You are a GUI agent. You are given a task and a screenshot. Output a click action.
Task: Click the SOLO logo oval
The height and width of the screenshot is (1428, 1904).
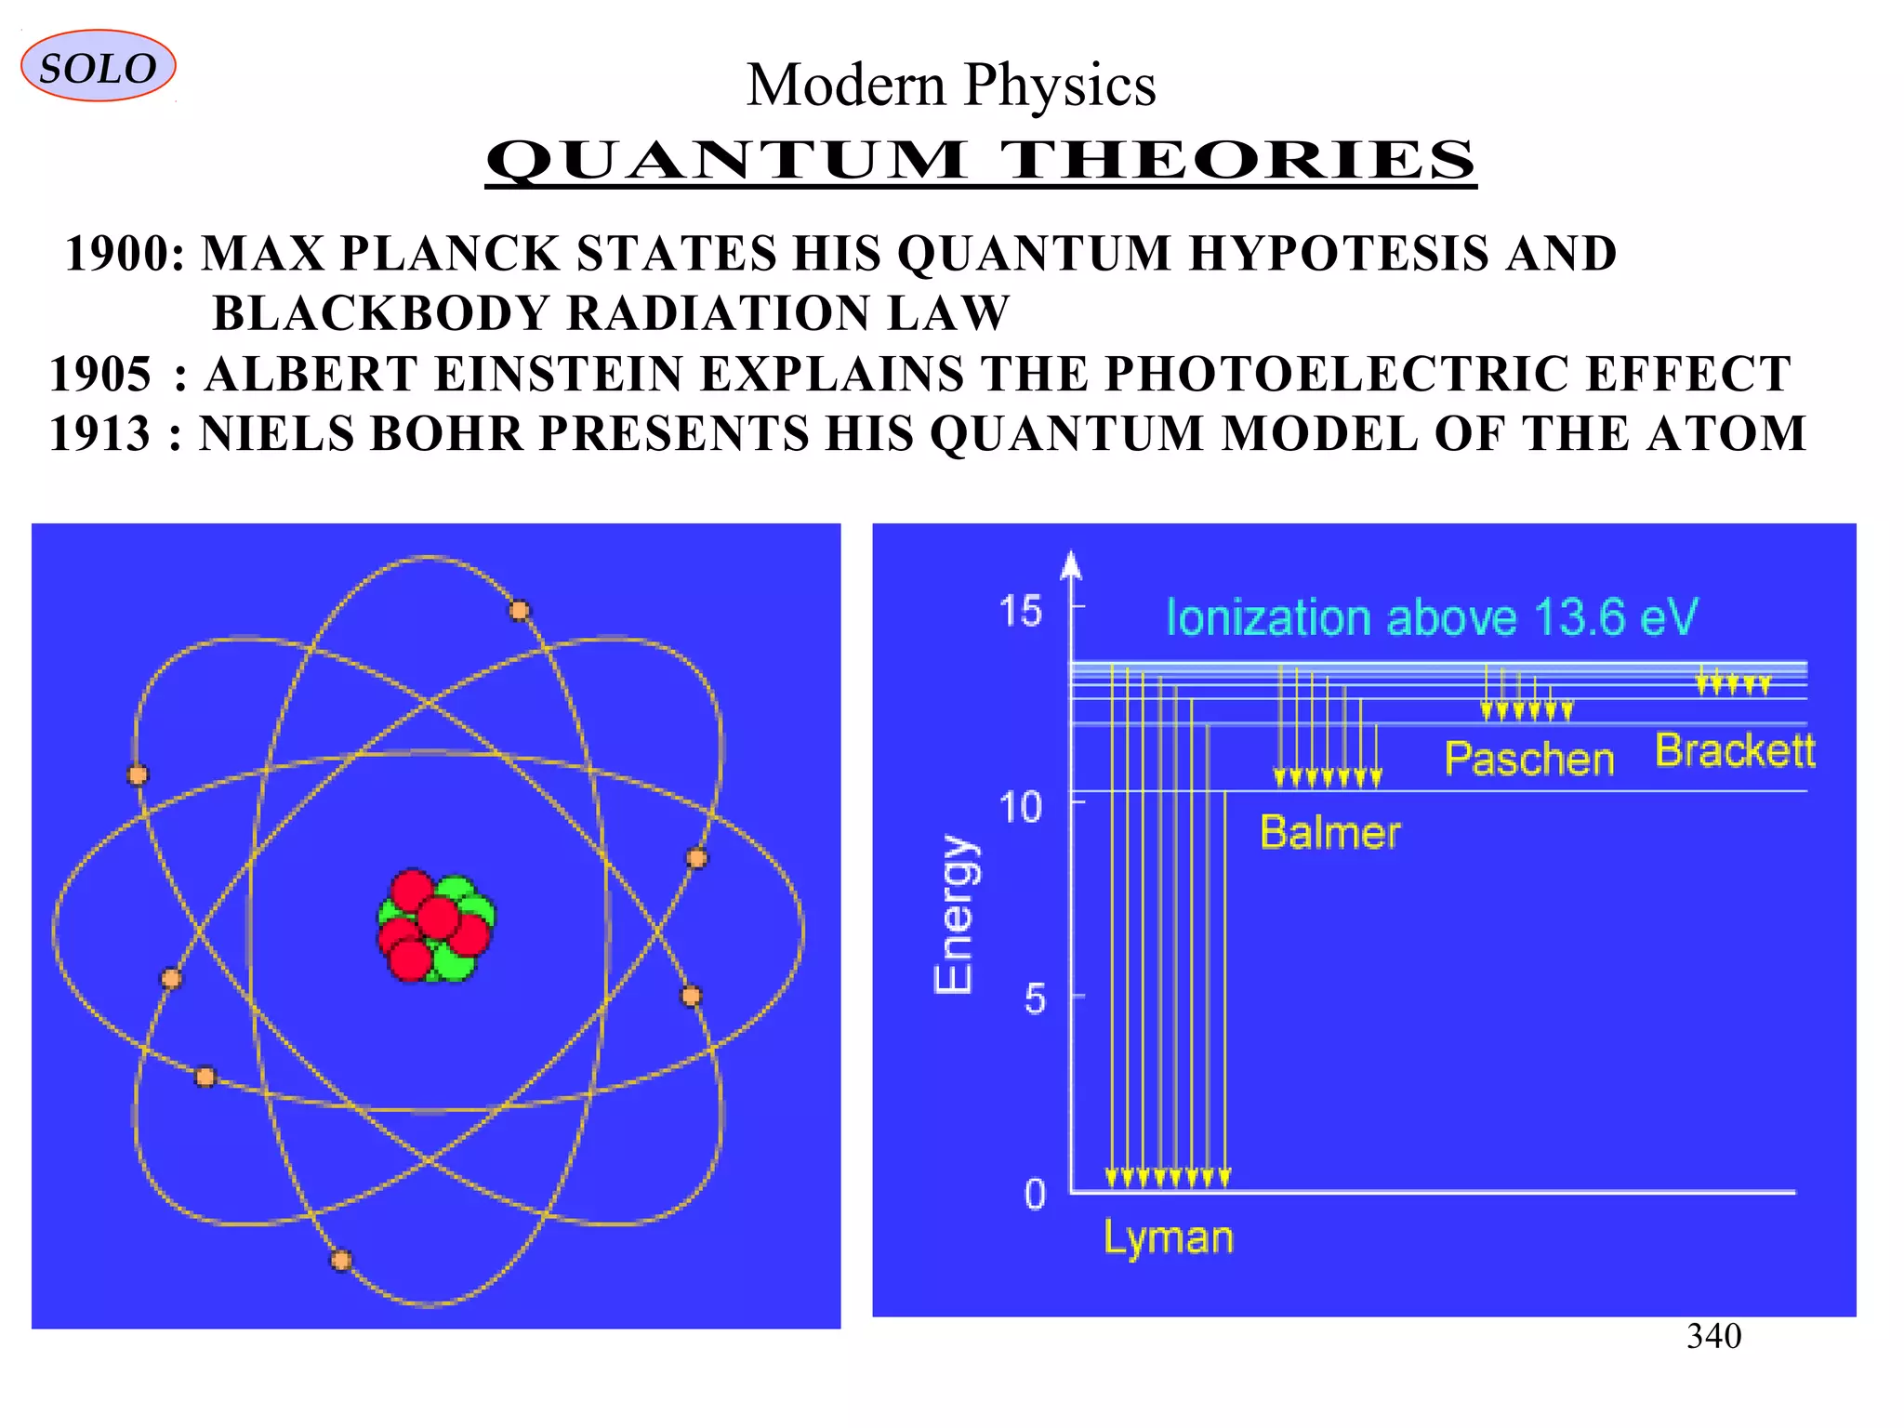coord(98,67)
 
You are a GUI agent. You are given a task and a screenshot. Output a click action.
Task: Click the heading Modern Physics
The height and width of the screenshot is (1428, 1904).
coord(950,86)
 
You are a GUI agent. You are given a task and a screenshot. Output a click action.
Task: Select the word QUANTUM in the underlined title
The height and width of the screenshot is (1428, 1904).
coord(725,160)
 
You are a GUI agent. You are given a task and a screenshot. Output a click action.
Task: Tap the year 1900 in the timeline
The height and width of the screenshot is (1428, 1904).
coord(118,254)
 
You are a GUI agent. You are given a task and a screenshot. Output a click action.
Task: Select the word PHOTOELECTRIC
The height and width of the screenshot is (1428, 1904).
coord(1337,374)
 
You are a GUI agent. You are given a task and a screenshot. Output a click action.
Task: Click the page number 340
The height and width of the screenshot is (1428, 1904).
coord(1713,1337)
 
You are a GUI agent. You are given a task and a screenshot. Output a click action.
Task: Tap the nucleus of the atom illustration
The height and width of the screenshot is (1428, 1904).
coord(436,926)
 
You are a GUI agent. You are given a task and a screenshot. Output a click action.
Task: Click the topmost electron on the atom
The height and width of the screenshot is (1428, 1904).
coord(520,611)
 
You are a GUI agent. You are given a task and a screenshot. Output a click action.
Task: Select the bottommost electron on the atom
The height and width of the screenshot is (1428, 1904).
coord(341,1261)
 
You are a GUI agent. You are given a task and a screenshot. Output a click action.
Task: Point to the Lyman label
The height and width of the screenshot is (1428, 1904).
coord(1168,1238)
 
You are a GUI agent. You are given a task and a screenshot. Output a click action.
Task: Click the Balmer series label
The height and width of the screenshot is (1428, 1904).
coord(1329,832)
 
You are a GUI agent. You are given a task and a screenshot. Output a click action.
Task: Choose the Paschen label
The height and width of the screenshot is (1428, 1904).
coord(1528,760)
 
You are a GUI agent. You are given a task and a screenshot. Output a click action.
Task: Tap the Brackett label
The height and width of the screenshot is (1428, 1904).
coord(1735,751)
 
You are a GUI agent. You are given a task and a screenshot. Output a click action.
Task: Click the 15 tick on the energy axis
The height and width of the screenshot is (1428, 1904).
coord(1021,612)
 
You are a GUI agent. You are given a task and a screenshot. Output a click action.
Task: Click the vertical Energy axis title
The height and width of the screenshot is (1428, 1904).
coord(955,914)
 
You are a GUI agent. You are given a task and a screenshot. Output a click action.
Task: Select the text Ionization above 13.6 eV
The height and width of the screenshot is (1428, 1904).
coord(1431,618)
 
